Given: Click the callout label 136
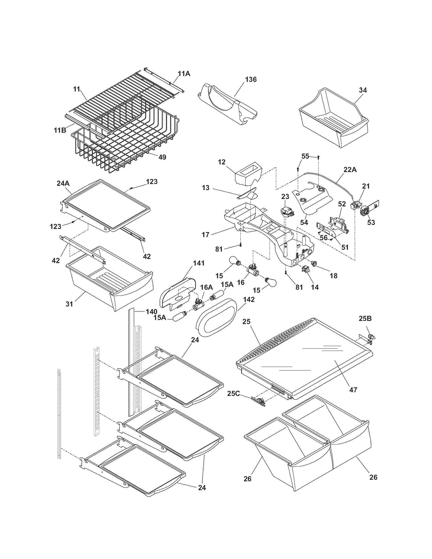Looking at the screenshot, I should point(251,79).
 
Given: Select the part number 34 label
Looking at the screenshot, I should point(362,90).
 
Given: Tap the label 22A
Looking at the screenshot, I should point(350,170).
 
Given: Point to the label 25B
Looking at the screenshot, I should point(365,319).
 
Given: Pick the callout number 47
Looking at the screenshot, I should point(353,390).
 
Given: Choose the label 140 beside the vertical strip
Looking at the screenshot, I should point(151,312).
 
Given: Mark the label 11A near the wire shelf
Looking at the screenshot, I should point(184,74).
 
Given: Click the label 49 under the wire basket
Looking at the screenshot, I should point(162,157).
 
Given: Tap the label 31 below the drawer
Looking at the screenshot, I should point(69,304).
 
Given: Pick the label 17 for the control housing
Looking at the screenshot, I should point(206,235).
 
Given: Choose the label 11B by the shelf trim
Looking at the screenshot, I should point(60,130).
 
